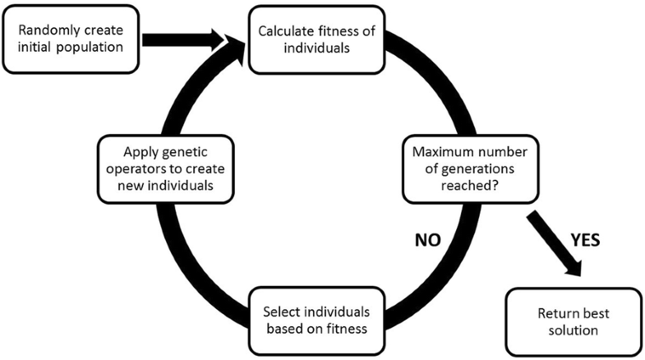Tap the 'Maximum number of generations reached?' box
[464, 168]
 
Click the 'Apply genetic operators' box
[164, 168]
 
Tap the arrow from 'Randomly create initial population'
[185, 38]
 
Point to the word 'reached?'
[464, 185]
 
